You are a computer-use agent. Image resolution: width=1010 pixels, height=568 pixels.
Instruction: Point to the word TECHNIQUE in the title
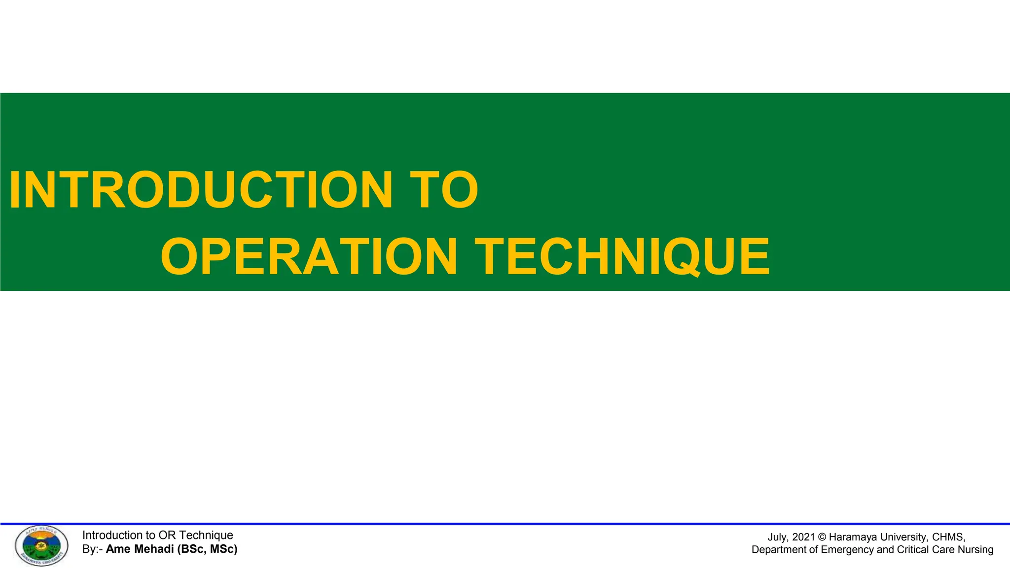click(x=622, y=257)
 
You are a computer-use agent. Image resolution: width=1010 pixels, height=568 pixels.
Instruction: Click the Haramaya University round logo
click(x=41, y=546)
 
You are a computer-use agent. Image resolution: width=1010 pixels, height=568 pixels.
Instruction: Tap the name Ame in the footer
click(x=118, y=549)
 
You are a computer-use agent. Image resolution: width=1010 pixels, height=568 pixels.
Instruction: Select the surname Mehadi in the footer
click(x=153, y=549)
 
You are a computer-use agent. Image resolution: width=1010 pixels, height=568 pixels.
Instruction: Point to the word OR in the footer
click(x=167, y=535)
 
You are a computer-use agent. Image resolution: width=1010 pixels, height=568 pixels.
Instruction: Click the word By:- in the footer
click(x=92, y=549)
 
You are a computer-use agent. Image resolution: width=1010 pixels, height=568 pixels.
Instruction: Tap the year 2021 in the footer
click(x=803, y=537)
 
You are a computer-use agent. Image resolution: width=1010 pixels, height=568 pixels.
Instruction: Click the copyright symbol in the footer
click(x=822, y=537)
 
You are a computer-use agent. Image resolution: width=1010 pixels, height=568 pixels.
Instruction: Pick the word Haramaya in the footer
click(x=853, y=537)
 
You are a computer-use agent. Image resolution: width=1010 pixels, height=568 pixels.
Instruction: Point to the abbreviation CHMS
click(x=948, y=537)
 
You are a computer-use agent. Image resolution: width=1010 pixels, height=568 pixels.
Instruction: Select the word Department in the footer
click(x=779, y=550)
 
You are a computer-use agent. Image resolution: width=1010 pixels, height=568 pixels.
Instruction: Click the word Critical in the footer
click(x=914, y=550)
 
